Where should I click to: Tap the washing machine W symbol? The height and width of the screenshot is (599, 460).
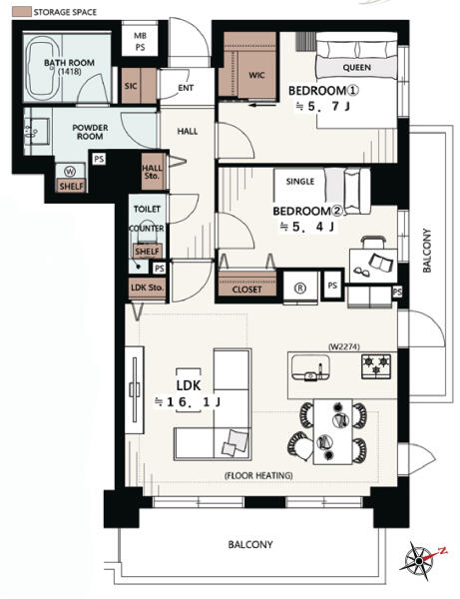tap(70, 172)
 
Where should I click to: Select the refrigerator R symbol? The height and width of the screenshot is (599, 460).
tap(300, 289)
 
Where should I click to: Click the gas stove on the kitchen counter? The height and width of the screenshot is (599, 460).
tap(376, 366)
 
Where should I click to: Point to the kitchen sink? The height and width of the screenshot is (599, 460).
tap(310, 367)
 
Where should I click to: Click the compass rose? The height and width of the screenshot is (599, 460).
tap(419, 560)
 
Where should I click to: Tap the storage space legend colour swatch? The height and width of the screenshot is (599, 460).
tap(22, 11)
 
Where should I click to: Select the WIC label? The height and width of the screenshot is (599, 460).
tap(256, 75)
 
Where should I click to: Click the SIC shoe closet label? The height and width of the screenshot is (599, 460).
tap(131, 86)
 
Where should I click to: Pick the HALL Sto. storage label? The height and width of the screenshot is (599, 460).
tap(152, 172)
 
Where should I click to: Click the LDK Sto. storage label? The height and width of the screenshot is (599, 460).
tap(148, 288)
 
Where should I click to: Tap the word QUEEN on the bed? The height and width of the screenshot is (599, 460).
tap(356, 68)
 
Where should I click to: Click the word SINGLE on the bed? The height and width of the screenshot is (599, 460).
tap(300, 181)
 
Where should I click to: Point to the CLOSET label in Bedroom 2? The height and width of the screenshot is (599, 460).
tap(247, 290)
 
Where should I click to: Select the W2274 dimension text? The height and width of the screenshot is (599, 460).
tap(344, 346)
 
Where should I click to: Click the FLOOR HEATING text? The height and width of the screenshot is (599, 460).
tap(258, 475)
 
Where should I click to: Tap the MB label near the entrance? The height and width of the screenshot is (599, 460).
tap(140, 36)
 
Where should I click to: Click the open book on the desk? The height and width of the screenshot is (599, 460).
tap(380, 264)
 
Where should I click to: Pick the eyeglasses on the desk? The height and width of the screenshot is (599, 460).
tap(361, 271)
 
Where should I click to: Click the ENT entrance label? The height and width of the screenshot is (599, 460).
tap(186, 88)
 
